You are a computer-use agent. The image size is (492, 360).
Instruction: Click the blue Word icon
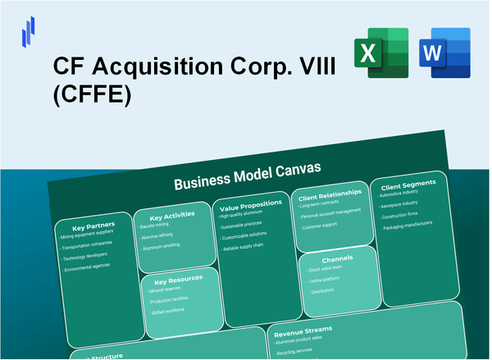444,55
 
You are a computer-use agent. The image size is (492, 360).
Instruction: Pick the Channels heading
337,257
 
